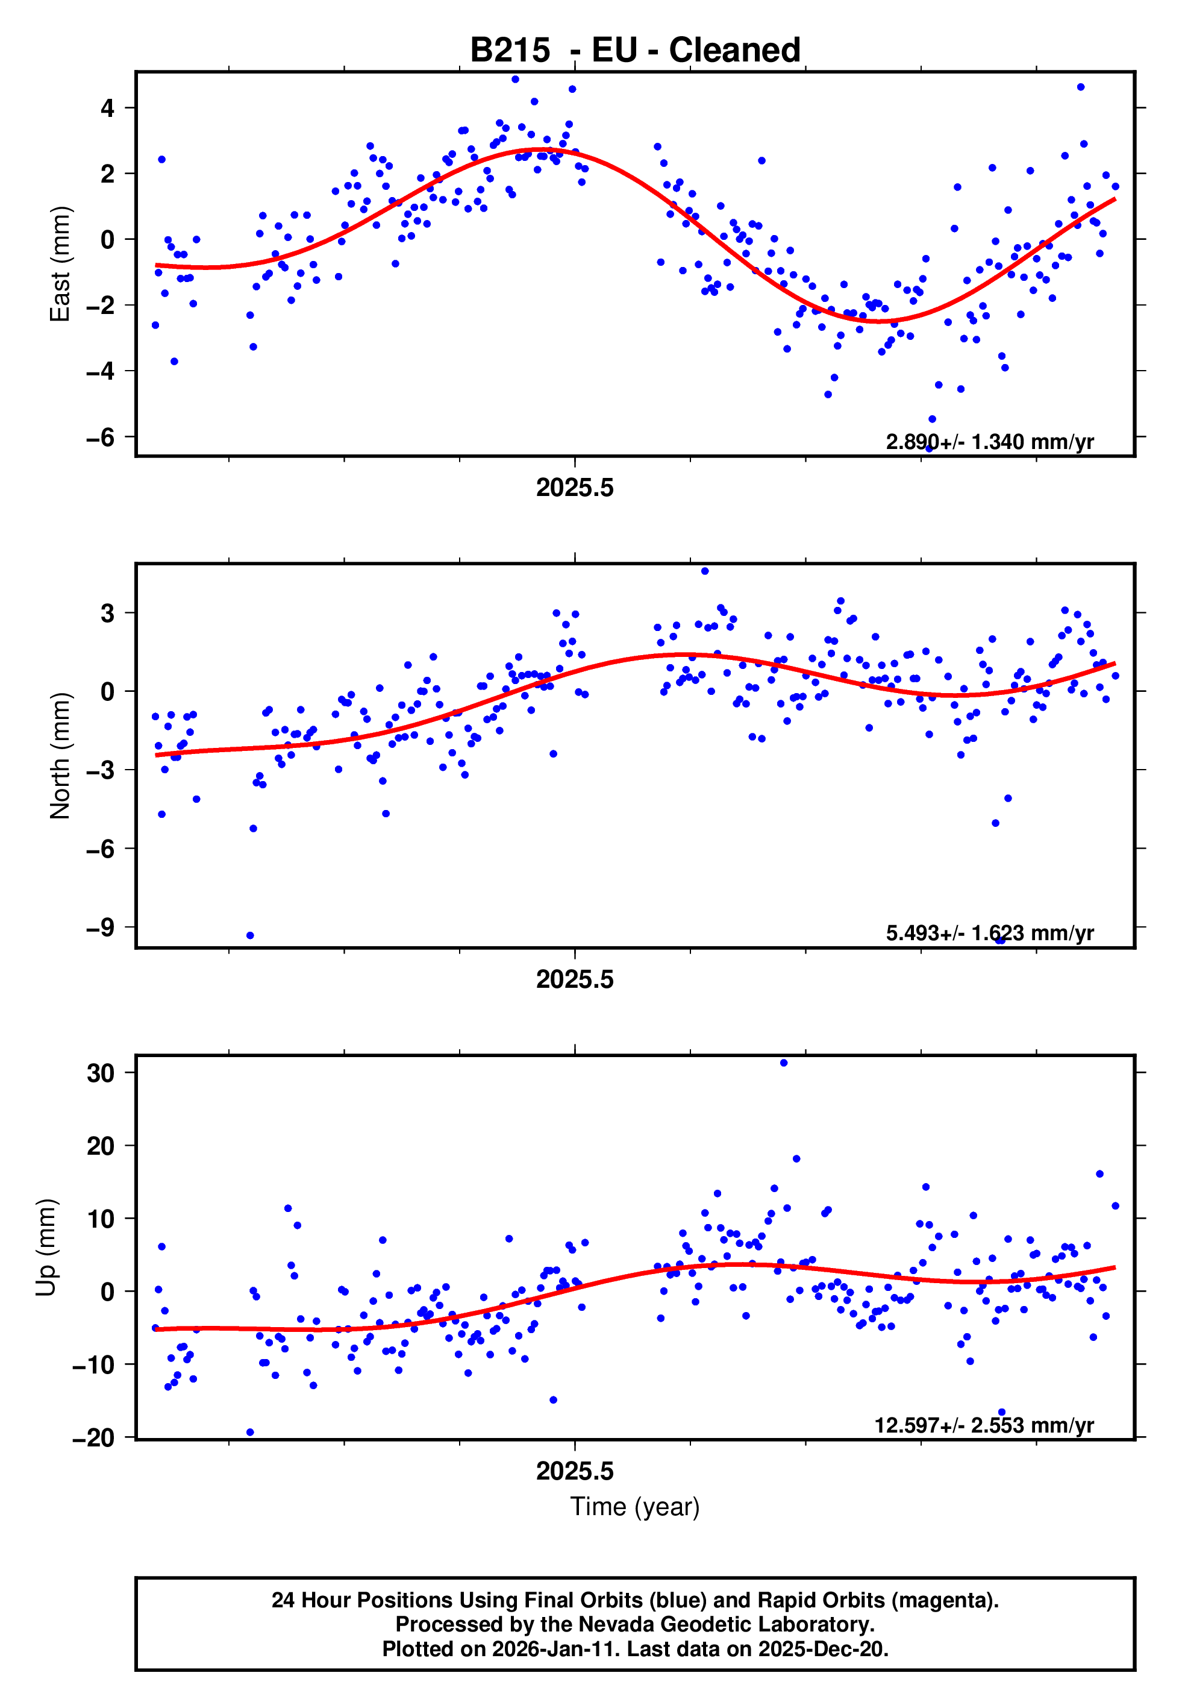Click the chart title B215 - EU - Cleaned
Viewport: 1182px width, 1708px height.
click(635, 51)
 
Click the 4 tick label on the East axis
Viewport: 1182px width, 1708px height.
click(107, 108)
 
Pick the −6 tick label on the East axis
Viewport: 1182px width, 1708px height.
click(101, 437)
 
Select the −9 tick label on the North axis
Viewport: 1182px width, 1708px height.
click(101, 926)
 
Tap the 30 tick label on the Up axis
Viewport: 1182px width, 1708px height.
click(101, 1073)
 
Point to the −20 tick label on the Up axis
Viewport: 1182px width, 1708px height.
click(94, 1437)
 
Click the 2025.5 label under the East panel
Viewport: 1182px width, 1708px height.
click(575, 488)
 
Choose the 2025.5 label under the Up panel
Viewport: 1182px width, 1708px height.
click(575, 1471)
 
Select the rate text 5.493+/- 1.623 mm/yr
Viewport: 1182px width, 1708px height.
click(989, 932)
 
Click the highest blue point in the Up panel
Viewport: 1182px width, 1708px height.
click(784, 1063)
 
